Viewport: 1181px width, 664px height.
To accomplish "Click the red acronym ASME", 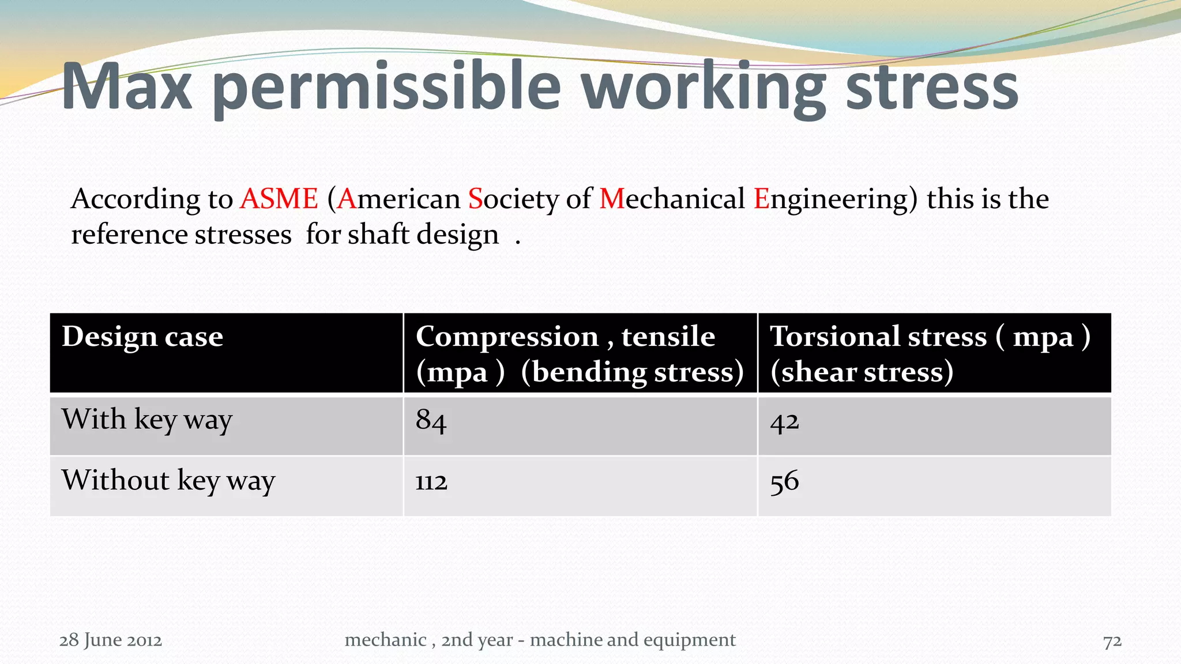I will (x=279, y=199).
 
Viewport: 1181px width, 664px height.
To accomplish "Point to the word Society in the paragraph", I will (x=513, y=199).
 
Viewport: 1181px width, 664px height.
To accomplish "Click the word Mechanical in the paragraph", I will (x=672, y=199).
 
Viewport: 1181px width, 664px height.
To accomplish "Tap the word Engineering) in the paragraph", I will (x=835, y=199).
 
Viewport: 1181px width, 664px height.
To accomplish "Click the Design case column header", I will (x=142, y=337).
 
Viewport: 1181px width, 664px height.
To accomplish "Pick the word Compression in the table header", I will (x=507, y=337).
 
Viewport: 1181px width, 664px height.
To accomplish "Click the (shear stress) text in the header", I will (x=862, y=372).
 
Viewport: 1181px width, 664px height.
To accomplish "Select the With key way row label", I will (x=147, y=419).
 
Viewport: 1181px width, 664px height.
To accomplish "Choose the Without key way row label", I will (x=168, y=480).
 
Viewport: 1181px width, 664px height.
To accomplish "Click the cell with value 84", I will (x=431, y=420).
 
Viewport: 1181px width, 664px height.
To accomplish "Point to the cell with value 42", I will (x=784, y=422).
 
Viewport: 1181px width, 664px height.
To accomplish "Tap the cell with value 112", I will (x=431, y=482).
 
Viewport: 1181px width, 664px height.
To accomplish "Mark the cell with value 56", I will (x=784, y=481).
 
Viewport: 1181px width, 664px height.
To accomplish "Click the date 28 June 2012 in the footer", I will (x=111, y=640).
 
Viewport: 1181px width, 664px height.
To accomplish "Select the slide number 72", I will (x=1112, y=641).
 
